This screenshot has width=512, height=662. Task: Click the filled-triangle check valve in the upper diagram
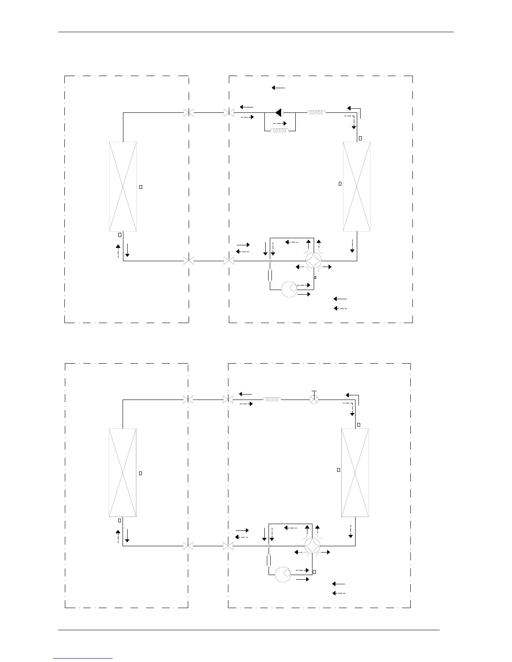(279, 112)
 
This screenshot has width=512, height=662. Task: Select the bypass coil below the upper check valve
(279, 131)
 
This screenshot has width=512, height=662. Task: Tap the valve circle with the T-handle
(314, 399)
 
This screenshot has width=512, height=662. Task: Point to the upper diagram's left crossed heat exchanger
(123, 186)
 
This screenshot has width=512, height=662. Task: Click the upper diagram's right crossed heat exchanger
(356, 186)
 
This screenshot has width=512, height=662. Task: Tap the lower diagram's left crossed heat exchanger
(123, 473)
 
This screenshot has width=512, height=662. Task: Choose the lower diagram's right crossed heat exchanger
(355, 473)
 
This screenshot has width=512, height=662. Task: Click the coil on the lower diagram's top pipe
(272, 400)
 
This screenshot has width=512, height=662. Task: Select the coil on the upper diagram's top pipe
(317, 112)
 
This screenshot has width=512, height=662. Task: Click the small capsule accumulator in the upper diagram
(270, 275)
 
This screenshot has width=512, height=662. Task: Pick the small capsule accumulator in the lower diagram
(269, 560)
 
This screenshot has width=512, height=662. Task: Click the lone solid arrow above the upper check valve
(278, 88)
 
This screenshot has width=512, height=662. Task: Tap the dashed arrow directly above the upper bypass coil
(280, 123)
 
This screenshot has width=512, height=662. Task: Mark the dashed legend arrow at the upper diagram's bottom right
(340, 308)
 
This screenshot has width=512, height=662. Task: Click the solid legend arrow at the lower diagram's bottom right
(338, 584)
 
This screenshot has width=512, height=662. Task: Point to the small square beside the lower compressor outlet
(314, 571)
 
